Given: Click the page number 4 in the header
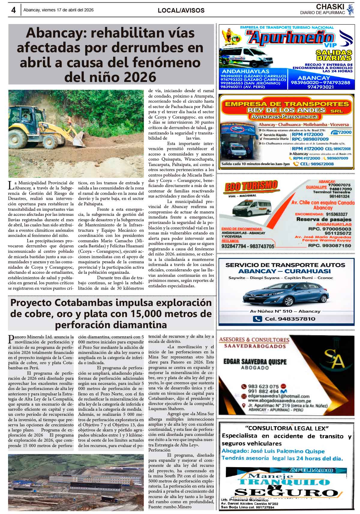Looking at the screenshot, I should (x=13, y=10).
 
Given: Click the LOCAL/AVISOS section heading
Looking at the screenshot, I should (x=181, y=11).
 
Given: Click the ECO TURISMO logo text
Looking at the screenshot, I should (x=251, y=186).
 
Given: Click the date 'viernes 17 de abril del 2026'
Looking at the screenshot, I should (x=58, y=10).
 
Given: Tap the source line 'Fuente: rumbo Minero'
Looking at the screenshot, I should (x=170, y=507).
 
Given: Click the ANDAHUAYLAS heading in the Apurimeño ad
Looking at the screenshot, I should (x=245, y=71).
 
